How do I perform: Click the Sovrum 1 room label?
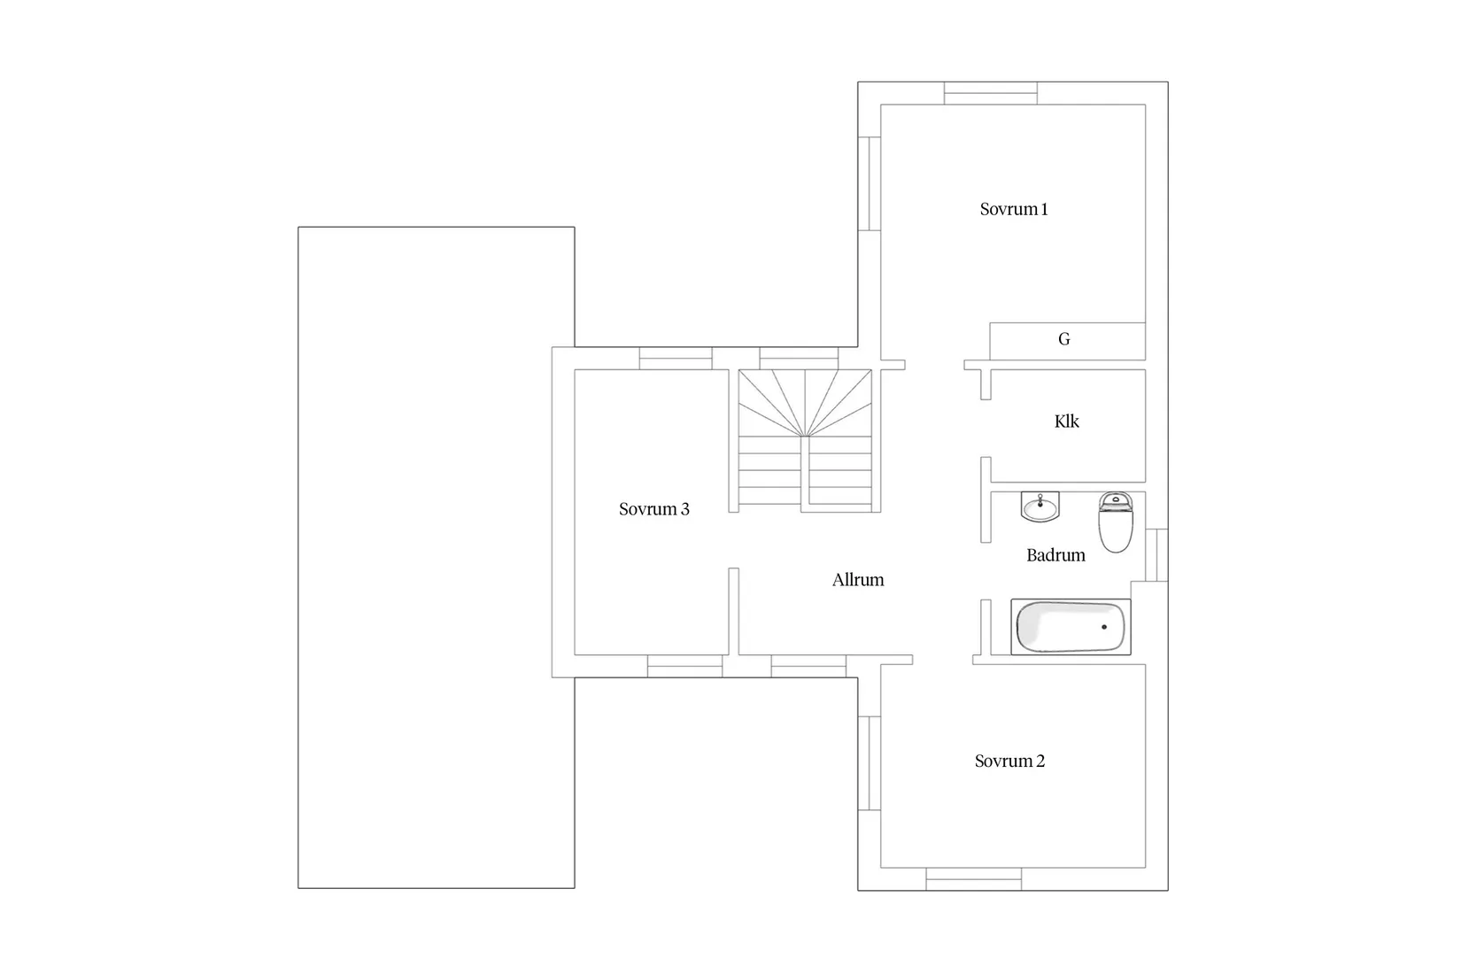point(1014,210)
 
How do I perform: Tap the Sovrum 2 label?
point(1009,761)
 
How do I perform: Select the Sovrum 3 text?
point(653,509)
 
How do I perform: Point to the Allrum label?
point(858,580)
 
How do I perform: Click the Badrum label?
point(1055,555)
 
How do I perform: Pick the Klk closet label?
point(1066,421)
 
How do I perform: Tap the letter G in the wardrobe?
point(1064,339)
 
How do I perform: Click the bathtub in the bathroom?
point(1071,627)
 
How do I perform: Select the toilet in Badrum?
point(1116,522)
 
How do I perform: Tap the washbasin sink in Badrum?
point(1040,507)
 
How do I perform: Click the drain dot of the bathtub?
point(1104,627)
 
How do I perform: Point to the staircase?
point(805,438)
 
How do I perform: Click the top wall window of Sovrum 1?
point(990,93)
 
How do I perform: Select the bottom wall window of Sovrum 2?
point(973,879)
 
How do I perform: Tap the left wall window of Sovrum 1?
point(870,183)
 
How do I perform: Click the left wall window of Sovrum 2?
point(870,763)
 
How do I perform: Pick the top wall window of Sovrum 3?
point(676,358)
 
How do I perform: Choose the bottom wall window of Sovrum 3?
point(684,666)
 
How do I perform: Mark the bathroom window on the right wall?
point(1156,555)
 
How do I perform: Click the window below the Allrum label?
point(808,666)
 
